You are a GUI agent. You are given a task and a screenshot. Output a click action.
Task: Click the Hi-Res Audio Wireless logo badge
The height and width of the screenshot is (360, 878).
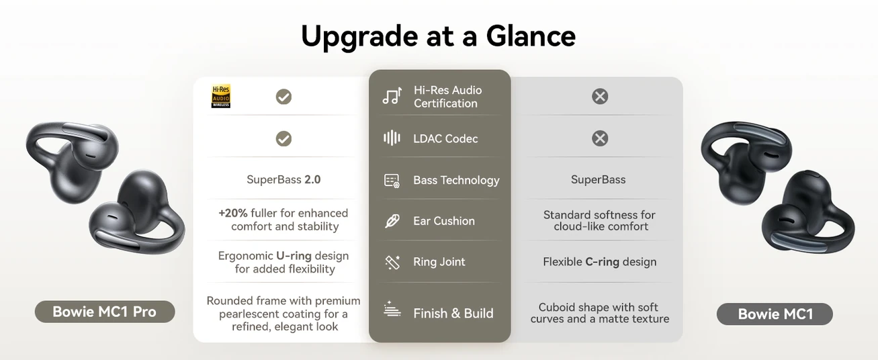(x=221, y=96)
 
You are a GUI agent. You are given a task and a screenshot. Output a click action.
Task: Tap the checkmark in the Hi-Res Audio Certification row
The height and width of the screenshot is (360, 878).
(x=283, y=97)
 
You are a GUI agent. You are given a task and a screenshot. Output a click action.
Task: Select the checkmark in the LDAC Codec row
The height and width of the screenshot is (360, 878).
(x=283, y=138)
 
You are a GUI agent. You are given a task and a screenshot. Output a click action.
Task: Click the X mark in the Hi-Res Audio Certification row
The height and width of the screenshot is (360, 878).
(x=600, y=96)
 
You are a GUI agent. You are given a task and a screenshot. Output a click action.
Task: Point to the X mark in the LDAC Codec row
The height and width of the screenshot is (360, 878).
(x=600, y=138)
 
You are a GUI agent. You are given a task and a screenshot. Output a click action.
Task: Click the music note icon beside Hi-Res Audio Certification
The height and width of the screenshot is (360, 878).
(x=392, y=96)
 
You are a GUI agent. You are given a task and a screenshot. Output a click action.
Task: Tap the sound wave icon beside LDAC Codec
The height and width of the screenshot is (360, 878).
(x=392, y=138)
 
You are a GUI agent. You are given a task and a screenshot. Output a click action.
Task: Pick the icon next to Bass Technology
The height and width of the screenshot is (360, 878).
(x=392, y=181)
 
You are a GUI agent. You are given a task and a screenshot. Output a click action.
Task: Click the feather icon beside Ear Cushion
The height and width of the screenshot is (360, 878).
(x=392, y=221)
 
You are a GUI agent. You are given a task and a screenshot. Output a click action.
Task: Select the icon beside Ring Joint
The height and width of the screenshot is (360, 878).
(x=392, y=262)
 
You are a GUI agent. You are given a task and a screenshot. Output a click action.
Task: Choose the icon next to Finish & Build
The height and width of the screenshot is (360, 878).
(x=392, y=309)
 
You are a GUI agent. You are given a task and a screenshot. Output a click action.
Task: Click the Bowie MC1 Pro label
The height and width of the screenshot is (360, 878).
(x=105, y=312)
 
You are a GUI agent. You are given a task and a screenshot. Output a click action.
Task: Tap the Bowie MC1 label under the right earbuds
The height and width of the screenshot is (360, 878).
(x=775, y=314)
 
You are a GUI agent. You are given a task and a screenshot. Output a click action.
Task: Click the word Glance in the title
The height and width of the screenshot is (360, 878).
(x=531, y=36)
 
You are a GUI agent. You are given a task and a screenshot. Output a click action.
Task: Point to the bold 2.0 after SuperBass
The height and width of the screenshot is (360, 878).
(x=312, y=179)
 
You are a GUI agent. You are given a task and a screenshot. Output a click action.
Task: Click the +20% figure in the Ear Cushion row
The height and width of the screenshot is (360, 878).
(x=233, y=213)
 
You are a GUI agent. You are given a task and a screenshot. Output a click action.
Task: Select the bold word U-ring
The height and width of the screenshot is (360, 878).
(x=294, y=256)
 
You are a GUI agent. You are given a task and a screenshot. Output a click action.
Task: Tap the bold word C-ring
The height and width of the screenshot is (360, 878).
(x=602, y=262)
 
